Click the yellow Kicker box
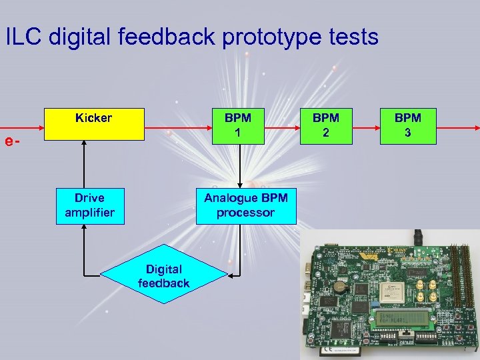pyautogui.click(x=94, y=124)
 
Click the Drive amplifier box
pyautogui.click(x=89, y=206)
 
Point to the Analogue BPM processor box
pyautogui.click(x=239, y=206)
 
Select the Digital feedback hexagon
pyautogui.click(x=163, y=276)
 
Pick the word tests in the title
pyautogui.click(x=352, y=37)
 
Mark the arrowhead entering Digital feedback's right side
pyautogui.click(x=231, y=275)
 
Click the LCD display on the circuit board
pyautogui.click(x=401, y=317)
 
